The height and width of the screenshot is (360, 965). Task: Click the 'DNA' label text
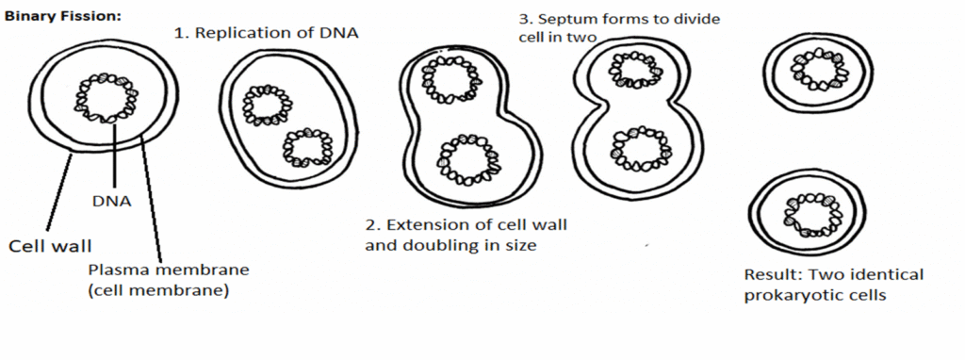(x=110, y=201)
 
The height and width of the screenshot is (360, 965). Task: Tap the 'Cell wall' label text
(x=51, y=247)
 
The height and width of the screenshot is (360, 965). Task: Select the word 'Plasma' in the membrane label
(x=116, y=270)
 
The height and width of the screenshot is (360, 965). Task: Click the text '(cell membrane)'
(x=159, y=291)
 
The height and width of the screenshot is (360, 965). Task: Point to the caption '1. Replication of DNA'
(x=269, y=33)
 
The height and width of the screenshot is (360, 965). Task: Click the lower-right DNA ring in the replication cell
(x=307, y=148)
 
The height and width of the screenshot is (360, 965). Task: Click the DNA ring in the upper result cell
(x=816, y=68)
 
